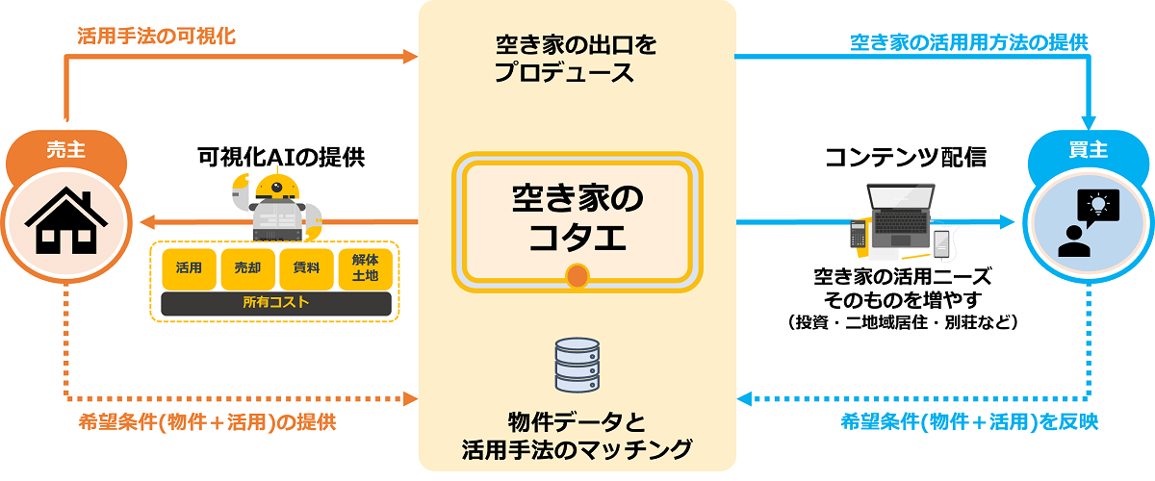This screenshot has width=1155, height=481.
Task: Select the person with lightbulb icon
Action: pos(1089,223)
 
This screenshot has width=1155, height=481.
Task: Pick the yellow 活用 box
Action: pos(190,268)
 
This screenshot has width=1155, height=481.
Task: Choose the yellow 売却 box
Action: pos(247,268)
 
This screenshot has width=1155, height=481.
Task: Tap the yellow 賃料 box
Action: pos(306,268)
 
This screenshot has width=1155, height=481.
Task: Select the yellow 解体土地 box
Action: pos(365,268)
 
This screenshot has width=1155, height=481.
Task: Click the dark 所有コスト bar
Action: pos(276,304)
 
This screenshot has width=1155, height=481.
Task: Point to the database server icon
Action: pos(577,363)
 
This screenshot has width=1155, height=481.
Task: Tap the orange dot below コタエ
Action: pos(577,278)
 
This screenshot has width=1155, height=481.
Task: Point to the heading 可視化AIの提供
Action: pos(281,157)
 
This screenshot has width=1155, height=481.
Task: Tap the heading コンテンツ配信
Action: pos(906,157)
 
